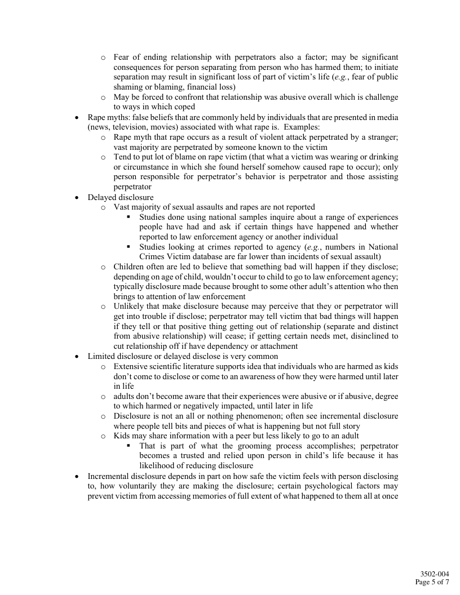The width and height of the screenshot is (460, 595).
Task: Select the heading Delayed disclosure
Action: coord(121,197)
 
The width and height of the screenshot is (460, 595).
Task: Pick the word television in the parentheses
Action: coord(129,127)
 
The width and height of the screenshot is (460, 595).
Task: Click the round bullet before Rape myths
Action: coord(77,118)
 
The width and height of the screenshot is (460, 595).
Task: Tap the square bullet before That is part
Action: coord(128,446)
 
